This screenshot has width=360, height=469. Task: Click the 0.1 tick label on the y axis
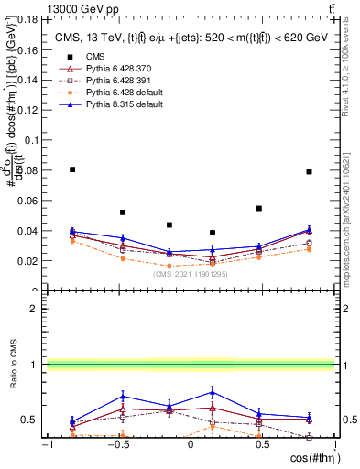point(29,140)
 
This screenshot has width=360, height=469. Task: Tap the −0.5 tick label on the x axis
point(117,446)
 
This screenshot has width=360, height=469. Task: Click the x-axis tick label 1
point(333,446)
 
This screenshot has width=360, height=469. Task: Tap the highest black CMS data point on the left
point(72,169)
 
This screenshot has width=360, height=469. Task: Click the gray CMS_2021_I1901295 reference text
point(191,272)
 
